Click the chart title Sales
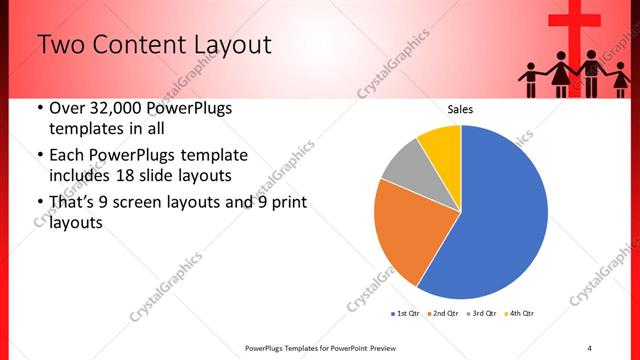point(460,109)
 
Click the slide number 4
point(589,347)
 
